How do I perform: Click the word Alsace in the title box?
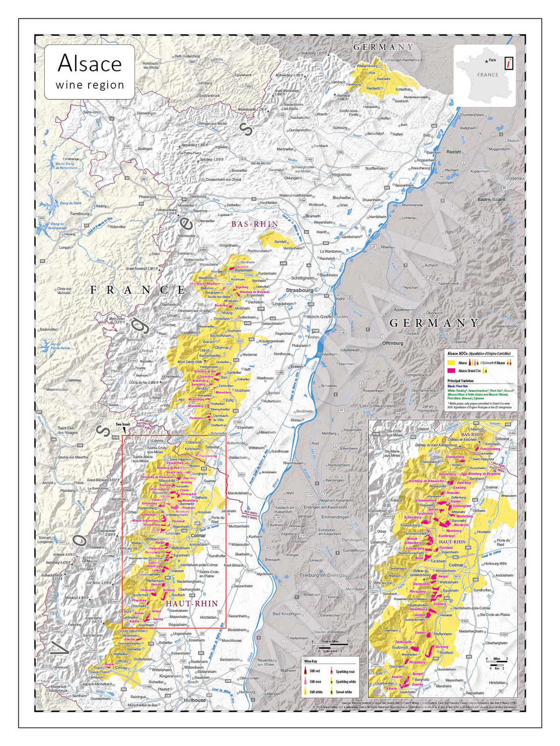click(x=90, y=63)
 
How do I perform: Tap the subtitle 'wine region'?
click(x=90, y=85)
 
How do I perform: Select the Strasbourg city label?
click(x=300, y=290)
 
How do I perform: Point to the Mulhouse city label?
click(x=195, y=700)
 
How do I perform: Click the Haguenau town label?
click(x=340, y=174)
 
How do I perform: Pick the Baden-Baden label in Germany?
click(x=491, y=200)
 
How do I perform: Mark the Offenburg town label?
click(x=392, y=343)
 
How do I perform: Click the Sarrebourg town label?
click(x=79, y=214)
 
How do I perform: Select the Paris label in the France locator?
click(x=492, y=60)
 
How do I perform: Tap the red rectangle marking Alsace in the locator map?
click(x=510, y=63)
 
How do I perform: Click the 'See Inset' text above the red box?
click(x=123, y=424)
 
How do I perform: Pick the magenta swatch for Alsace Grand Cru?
click(x=451, y=371)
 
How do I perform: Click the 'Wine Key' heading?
click(x=311, y=661)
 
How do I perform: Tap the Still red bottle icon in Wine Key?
click(x=306, y=672)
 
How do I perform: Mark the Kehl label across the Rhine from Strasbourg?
click(x=340, y=299)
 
